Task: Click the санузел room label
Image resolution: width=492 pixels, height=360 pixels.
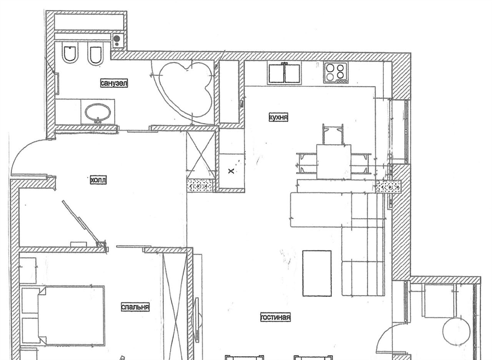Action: tap(114, 83)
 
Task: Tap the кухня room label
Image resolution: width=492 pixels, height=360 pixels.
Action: tap(278, 117)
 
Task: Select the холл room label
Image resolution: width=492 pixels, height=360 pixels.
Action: tap(98, 180)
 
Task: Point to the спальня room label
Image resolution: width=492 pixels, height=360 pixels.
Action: tap(135, 307)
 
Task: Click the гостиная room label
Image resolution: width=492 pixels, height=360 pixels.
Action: tap(275, 317)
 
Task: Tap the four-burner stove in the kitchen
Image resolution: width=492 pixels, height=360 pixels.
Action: tap(336, 73)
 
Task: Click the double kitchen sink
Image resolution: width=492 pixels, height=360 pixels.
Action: tap(284, 73)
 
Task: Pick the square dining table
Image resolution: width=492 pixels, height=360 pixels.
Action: tap(333, 161)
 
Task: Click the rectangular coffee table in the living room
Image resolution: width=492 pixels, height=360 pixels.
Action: tap(317, 273)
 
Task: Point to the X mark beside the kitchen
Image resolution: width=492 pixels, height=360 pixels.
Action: tap(231, 171)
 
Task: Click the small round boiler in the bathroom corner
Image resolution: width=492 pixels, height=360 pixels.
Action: tap(117, 39)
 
